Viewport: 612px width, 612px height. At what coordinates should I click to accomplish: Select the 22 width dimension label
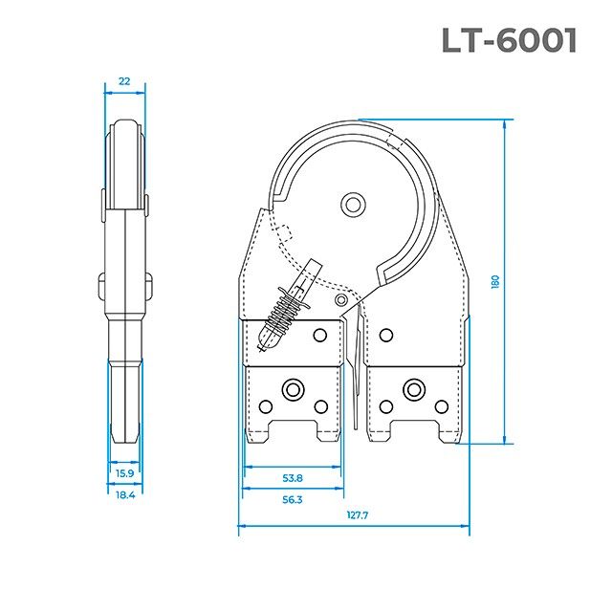124,82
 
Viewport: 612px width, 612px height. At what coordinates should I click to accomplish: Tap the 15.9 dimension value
124,473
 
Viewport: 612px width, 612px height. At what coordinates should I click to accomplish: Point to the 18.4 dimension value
124,494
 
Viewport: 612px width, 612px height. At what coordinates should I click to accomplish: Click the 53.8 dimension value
292,478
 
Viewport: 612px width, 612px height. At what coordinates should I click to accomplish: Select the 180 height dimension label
495,283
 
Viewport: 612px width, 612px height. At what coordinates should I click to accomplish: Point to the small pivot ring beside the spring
342,299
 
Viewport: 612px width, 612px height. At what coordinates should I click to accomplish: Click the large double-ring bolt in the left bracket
290,388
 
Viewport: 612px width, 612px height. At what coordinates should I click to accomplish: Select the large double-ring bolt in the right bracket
413,388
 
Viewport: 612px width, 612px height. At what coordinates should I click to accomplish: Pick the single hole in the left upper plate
320,335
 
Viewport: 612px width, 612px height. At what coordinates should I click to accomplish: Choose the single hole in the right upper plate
385,335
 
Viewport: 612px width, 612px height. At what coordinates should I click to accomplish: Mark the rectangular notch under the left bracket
293,428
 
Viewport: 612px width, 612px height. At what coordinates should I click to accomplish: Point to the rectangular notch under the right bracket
413,428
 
